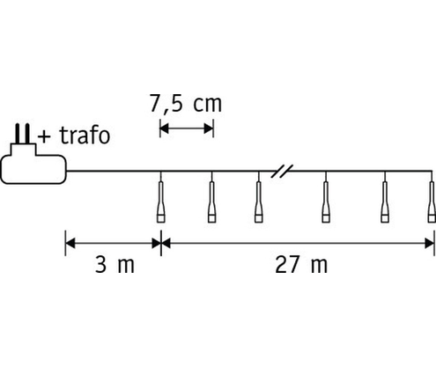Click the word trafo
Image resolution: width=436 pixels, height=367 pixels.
tap(85, 136)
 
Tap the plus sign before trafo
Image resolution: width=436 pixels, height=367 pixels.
tap(44, 137)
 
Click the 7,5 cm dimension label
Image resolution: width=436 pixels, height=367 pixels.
tap(186, 104)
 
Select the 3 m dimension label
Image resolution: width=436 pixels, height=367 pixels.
tap(115, 265)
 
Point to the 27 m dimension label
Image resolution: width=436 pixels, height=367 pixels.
tap(301, 265)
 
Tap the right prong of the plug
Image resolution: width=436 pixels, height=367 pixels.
tap(27, 134)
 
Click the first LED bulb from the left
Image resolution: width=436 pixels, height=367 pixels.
tap(161, 202)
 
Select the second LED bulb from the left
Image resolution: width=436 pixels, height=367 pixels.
tap(211, 202)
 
